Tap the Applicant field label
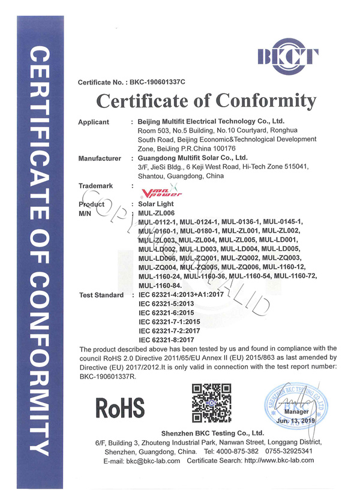point(94,122)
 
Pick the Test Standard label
point(101,296)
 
